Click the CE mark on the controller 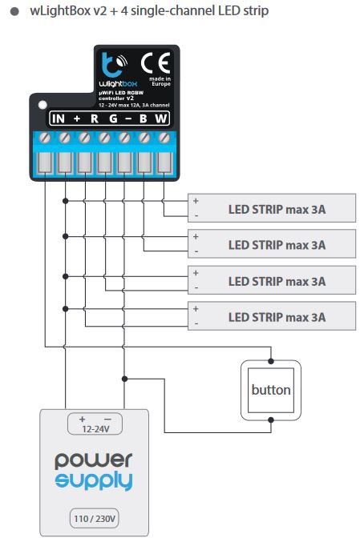click(156, 63)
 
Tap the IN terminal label click(59, 118)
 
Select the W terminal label click(161, 118)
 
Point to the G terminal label click(113, 118)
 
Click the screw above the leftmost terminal click(45, 138)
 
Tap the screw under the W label click(164, 138)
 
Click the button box click(271, 390)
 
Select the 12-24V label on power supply click(95, 429)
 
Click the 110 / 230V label click(95, 519)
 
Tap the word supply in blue click(94, 481)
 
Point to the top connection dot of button click(271, 361)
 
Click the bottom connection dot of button click(271, 420)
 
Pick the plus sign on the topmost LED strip click(196, 201)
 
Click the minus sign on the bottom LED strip click(196, 323)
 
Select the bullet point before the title click(14, 11)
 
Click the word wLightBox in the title click(59, 10)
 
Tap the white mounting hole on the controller click(42, 105)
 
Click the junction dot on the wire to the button click(124, 379)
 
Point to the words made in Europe click(160, 81)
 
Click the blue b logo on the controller click(111, 65)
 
